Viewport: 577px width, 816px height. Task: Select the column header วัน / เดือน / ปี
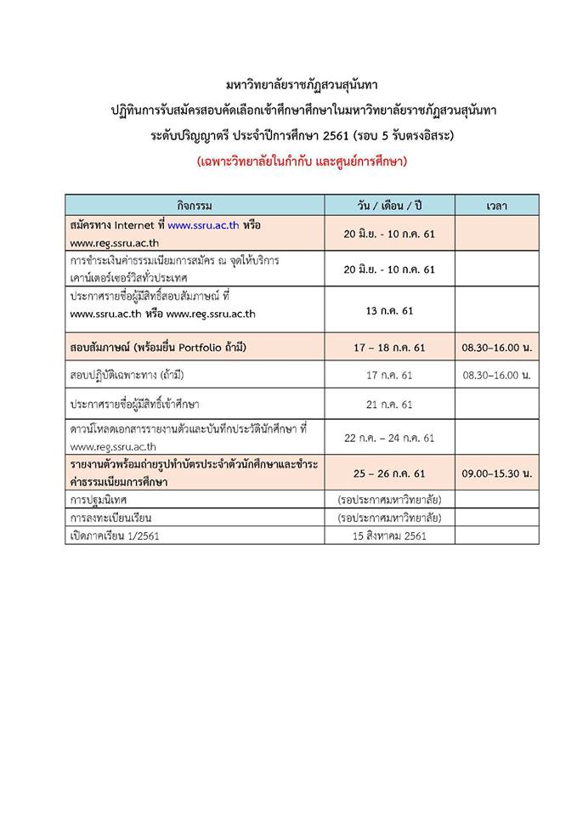[x=388, y=206]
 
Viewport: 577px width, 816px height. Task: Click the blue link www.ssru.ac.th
[x=203, y=226]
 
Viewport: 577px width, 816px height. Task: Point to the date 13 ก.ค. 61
[x=389, y=310]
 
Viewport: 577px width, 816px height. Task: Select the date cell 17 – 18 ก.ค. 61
[x=389, y=347]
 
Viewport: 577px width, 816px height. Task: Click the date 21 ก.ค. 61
[x=389, y=404]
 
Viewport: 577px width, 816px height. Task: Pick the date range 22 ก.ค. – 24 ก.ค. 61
[x=389, y=437]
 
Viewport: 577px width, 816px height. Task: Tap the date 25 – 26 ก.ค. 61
[x=389, y=473]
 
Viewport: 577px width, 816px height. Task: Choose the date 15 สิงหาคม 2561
[x=389, y=536]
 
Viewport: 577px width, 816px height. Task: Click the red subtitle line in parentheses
[x=289, y=161]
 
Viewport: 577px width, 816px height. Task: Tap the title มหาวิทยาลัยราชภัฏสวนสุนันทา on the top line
[x=289, y=86]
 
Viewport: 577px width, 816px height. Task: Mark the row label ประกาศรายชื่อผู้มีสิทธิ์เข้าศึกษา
[x=141, y=404]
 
